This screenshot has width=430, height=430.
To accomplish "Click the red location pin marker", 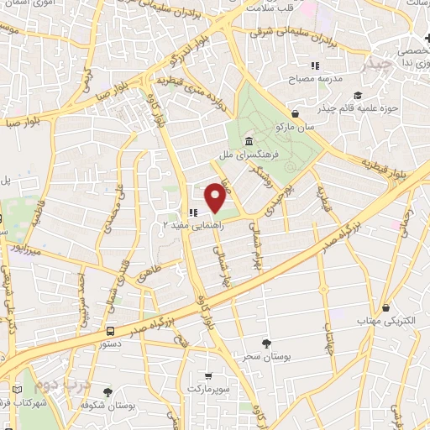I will click(215, 197).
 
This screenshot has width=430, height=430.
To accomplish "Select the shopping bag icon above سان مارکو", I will click(295, 114).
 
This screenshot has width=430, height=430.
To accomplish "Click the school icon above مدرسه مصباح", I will click(315, 66).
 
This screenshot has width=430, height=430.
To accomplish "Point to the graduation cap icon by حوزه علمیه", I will click(358, 95).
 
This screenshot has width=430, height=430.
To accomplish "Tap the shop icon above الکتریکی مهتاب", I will click(385, 308).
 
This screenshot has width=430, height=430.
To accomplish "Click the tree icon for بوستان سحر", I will click(266, 343).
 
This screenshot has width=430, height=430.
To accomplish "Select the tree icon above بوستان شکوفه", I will click(107, 392).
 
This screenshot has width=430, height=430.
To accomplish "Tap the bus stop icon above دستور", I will click(112, 331).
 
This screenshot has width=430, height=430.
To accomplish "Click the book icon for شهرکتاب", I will click(18, 391).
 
